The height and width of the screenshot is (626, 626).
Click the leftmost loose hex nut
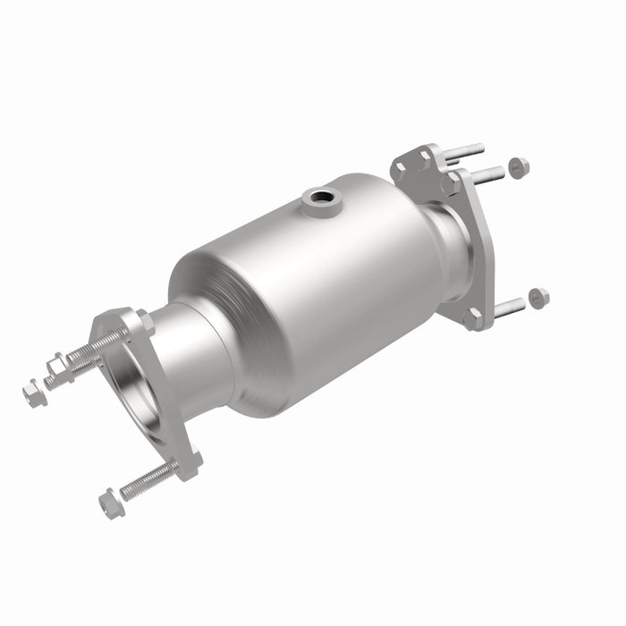(x=34, y=393)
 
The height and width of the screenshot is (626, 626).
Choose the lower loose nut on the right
(x=538, y=298)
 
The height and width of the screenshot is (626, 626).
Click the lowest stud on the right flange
(x=507, y=309)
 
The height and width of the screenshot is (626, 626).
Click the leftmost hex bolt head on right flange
(x=400, y=166)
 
